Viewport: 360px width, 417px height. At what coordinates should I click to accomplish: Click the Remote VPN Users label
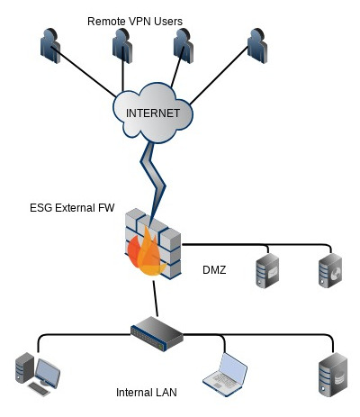tap(135, 22)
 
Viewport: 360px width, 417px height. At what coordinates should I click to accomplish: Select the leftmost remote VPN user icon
tap(50, 46)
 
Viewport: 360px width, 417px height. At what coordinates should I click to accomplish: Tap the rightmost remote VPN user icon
tap(257, 46)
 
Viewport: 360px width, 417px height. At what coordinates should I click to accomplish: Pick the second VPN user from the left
tap(122, 46)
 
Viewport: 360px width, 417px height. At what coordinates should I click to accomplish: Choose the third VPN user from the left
tap(184, 46)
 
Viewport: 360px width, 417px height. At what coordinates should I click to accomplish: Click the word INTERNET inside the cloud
tap(153, 113)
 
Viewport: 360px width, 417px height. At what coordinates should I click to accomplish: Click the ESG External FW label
tap(72, 208)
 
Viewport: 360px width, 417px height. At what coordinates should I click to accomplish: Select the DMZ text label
tap(214, 270)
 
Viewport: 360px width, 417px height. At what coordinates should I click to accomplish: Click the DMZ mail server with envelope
tap(267, 270)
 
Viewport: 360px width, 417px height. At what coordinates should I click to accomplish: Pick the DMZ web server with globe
tap(330, 270)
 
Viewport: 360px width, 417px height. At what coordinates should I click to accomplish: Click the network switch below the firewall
tap(157, 333)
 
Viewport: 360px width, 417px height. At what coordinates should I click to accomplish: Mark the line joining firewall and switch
tap(155, 298)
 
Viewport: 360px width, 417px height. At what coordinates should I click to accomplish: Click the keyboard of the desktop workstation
tap(39, 389)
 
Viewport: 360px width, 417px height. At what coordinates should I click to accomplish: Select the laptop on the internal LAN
tap(225, 375)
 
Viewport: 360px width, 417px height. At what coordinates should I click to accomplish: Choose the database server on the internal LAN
tap(333, 375)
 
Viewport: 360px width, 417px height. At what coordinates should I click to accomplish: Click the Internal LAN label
tap(147, 393)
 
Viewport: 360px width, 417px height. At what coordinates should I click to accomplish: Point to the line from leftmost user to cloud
tap(84, 72)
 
